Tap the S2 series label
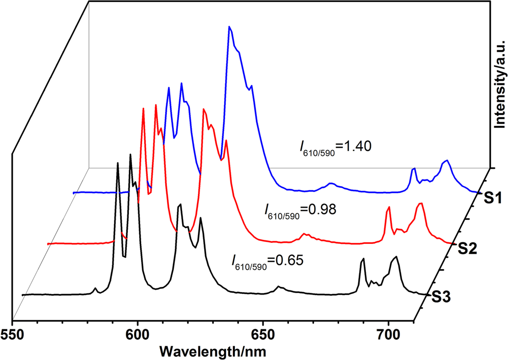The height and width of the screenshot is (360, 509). point(468,249)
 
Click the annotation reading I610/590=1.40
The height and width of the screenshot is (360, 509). point(336,148)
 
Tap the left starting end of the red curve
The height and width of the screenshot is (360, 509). point(48,244)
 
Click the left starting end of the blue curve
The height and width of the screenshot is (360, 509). point(74,193)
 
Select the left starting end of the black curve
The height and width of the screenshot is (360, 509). point(23,295)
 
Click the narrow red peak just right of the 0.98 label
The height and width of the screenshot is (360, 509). point(389,208)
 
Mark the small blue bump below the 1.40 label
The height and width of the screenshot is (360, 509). point(331,183)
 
